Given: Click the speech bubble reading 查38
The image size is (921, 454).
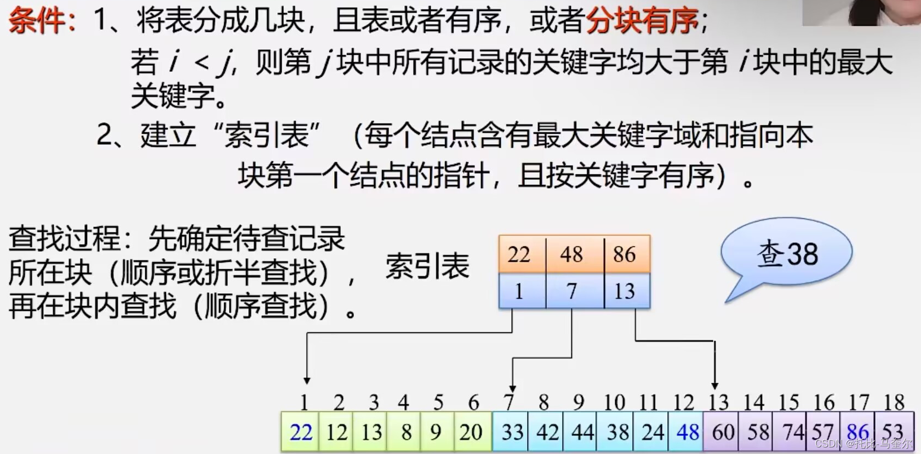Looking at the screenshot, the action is (x=787, y=254).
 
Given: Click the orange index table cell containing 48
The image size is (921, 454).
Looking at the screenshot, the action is (x=571, y=254).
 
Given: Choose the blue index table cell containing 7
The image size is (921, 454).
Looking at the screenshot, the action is (x=571, y=291).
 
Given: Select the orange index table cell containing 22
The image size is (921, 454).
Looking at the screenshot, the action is (x=519, y=254).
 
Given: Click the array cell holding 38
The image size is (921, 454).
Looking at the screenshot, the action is (x=618, y=433).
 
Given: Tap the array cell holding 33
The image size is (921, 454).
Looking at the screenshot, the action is (x=512, y=433).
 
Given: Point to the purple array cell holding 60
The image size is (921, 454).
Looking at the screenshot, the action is (x=723, y=433).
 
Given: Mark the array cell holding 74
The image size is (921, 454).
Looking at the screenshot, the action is (x=793, y=433).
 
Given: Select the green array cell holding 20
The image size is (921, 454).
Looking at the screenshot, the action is (x=471, y=433).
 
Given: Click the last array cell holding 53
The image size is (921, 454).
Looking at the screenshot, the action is (x=893, y=433).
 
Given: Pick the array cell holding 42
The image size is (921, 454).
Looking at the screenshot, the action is (x=547, y=433).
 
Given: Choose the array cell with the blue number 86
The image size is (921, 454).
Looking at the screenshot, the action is (x=858, y=433).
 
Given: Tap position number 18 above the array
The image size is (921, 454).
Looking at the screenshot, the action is (x=894, y=403).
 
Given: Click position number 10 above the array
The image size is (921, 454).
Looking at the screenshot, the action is (x=614, y=403).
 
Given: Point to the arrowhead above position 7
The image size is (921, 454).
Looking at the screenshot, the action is (x=512, y=388).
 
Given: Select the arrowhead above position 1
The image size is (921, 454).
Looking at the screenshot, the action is (x=307, y=380).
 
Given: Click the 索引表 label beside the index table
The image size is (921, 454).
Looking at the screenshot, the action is (x=427, y=267).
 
